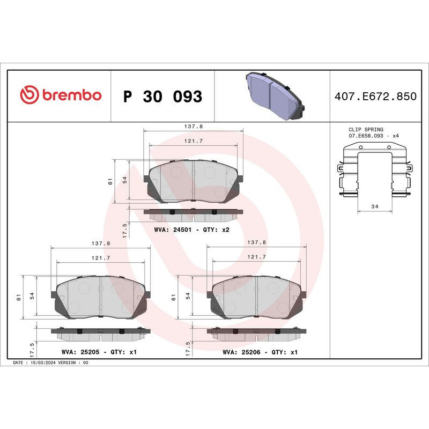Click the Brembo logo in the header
tap(61, 95)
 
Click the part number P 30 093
tap(162, 97)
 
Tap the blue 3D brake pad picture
tap(275, 97)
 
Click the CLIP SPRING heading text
tap(366, 130)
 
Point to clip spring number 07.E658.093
tap(369, 136)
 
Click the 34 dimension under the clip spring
tap(374, 207)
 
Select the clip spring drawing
tap(374, 171)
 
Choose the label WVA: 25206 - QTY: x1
tap(260, 352)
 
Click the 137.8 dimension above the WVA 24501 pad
tap(193, 127)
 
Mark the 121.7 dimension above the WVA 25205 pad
tap(100, 258)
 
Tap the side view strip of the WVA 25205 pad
tap(100, 334)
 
